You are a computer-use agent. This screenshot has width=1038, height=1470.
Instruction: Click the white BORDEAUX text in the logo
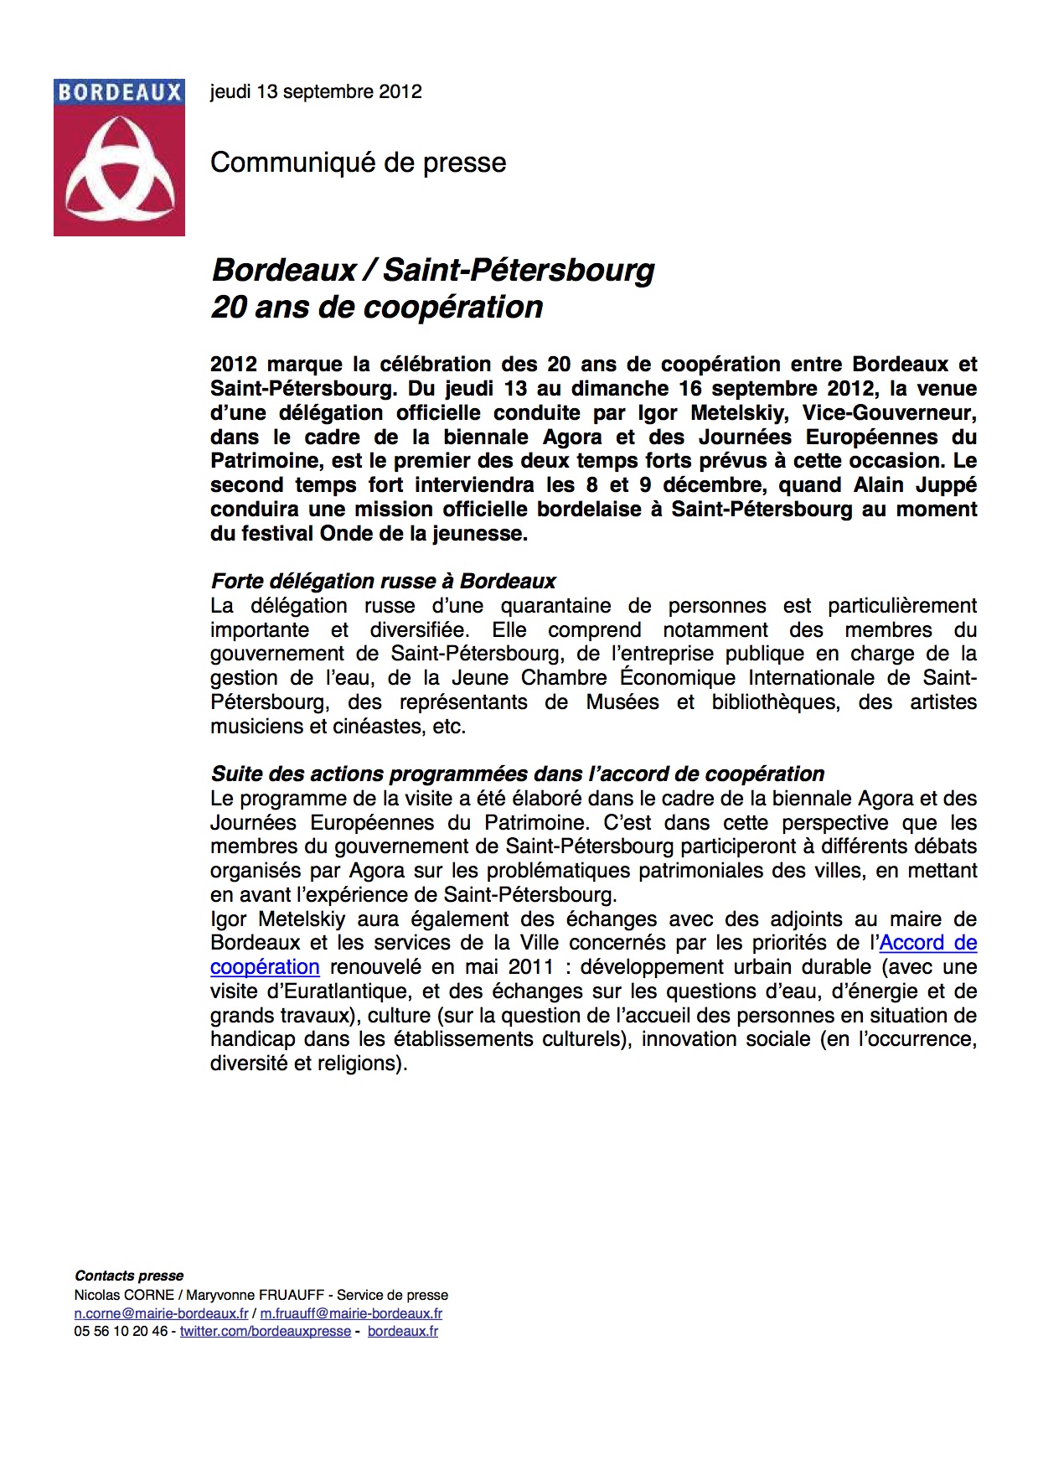pos(119,92)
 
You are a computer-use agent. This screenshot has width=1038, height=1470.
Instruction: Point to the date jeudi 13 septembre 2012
pos(316,92)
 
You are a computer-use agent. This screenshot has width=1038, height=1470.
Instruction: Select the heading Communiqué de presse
pos(358,163)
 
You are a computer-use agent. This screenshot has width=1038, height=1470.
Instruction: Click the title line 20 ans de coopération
pos(377,308)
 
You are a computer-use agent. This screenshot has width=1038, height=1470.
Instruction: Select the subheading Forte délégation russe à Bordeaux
pos(383,582)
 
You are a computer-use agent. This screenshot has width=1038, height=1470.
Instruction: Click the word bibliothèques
pos(775,702)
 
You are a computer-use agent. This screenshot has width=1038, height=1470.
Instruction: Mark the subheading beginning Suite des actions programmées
pos(517,774)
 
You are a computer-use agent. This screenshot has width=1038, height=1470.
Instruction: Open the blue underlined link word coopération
pos(265,967)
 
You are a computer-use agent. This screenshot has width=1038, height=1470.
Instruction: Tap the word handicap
pos(252,1039)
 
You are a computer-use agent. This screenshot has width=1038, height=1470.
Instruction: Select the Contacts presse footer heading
pos(129,1276)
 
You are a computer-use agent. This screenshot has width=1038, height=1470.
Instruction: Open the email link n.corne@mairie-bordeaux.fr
pos(161,1314)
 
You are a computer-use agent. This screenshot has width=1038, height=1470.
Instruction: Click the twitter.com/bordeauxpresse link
pos(265,1332)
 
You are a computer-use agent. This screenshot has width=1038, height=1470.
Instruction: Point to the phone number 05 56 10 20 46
pos(121,1332)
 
